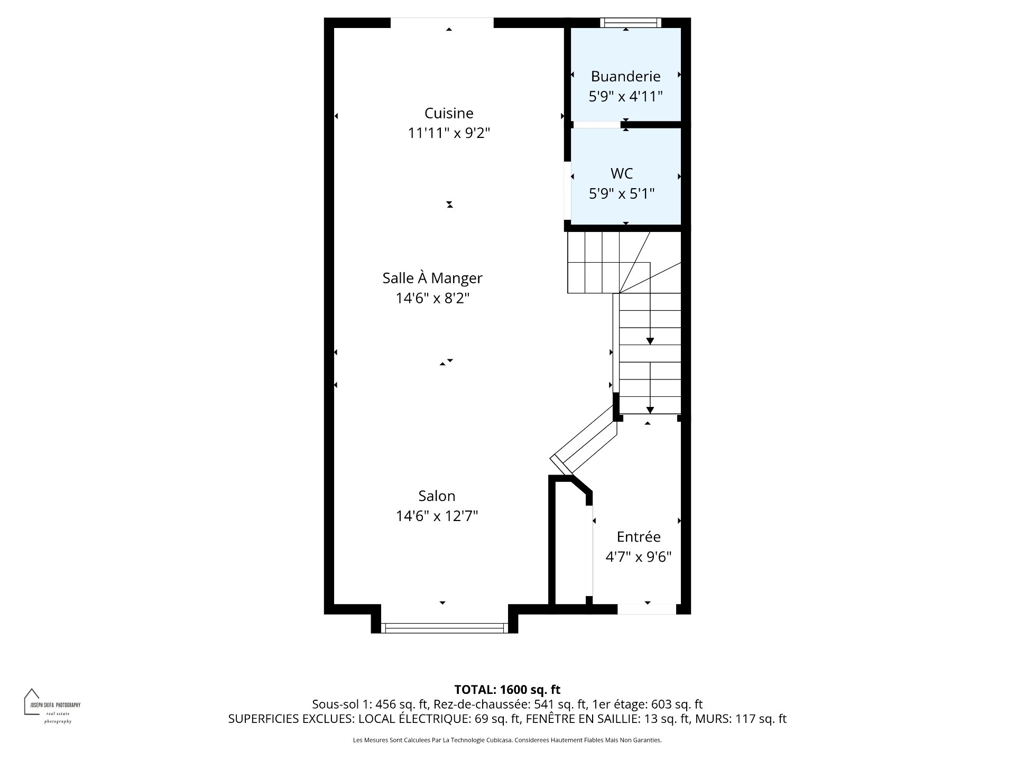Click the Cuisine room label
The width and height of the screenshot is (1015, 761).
pyautogui.click(x=449, y=113)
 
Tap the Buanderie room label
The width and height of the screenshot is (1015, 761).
pyautogui.click(x=625, y=77)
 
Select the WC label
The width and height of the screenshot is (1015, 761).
pyautogui.click(x=622, y=173)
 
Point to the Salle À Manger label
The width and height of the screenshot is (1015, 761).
pyautogui.click(x=432, y=277)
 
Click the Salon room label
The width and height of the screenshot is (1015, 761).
pyautogui.click(x=437, y=496)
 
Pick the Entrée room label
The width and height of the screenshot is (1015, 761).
pyautogui.click(x=639, y=536)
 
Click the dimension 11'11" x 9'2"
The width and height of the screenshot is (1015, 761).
pyautogui.click(x=449, y=133)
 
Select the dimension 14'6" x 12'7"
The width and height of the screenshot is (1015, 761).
pyautogui.click(x=437, y=516)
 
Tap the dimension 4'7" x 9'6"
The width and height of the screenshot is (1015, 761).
pyautogui.click(x=639, y=557)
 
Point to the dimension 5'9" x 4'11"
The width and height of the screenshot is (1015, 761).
pyautogui.click(x=625, y=97)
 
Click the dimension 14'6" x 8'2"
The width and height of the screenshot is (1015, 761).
pyautogui.click(x=432, y=299)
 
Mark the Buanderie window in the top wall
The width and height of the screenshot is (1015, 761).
pyautogui.click(x=630, y=22)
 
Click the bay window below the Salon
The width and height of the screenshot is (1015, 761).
pyautogui.click(x=444, y=628)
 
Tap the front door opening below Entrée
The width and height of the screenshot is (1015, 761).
pyautogui.click(x=647, y=609)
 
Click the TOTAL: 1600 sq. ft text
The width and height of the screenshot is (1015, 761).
pyautogui.click(x=508, y=690)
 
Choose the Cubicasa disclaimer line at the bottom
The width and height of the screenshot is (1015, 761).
pyautogui.click(x=508, y=740)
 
